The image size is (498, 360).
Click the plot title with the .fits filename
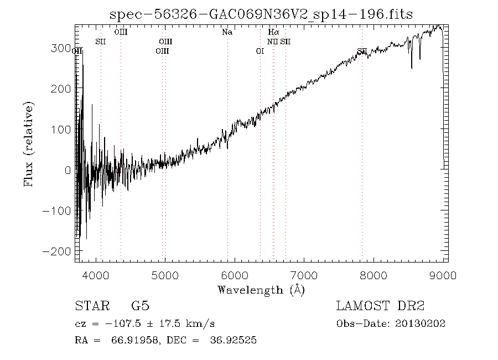262,14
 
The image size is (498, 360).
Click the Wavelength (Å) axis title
261,290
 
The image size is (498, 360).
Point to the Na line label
227,32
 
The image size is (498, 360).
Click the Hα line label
273,32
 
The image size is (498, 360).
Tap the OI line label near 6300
260,52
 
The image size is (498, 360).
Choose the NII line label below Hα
272,42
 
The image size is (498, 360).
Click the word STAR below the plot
92,306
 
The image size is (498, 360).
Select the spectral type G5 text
140,306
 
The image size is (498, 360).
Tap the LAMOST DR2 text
380,306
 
